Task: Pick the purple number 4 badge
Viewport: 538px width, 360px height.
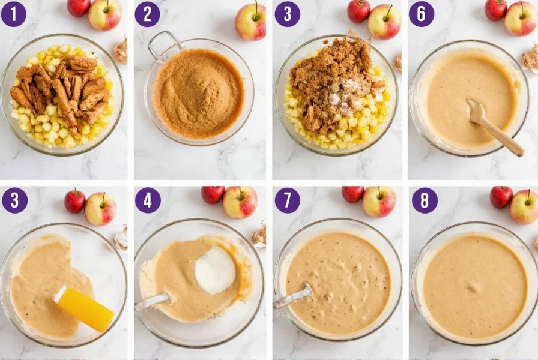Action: pos(148,200)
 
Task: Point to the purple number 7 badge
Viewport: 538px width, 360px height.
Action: pos(288,200)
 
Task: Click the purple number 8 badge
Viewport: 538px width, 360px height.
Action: pos(425,200)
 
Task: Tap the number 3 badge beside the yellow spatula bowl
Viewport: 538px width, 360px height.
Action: pos(14,200)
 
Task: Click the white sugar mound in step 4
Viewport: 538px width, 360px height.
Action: pos(216,271)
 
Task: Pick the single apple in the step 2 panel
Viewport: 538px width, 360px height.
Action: pos(250,22)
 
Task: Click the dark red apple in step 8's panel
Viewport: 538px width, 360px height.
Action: pos(501,196)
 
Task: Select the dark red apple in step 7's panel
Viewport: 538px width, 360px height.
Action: pos(352,194)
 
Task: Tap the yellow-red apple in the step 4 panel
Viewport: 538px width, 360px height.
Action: pos(240,202)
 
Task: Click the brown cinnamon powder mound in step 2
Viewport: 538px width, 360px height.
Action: pos(198,93)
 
